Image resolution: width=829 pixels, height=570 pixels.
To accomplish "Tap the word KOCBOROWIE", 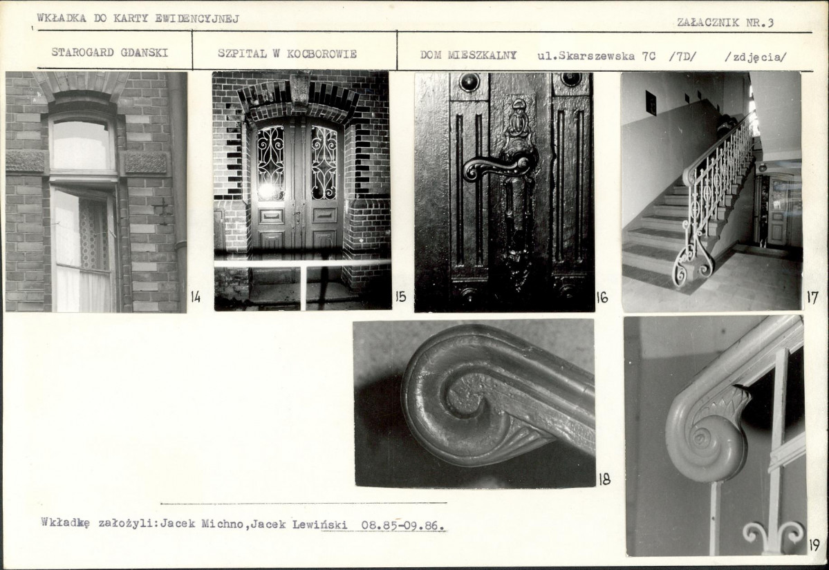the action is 322,54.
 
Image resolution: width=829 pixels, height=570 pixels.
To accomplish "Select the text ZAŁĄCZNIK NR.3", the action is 725,22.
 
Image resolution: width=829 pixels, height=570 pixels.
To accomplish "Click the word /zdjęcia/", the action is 756,57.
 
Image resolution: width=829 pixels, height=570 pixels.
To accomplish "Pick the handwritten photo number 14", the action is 196,297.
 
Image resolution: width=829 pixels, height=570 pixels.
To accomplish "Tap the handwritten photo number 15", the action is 401,297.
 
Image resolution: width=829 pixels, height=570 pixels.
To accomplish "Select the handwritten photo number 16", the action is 602,297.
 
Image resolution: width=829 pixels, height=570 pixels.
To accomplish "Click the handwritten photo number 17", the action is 812,298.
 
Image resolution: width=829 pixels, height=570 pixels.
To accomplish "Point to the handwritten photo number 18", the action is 604,479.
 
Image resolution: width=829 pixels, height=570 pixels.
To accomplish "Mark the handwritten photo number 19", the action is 814,544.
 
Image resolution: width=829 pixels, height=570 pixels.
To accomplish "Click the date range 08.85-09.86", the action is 403,526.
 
